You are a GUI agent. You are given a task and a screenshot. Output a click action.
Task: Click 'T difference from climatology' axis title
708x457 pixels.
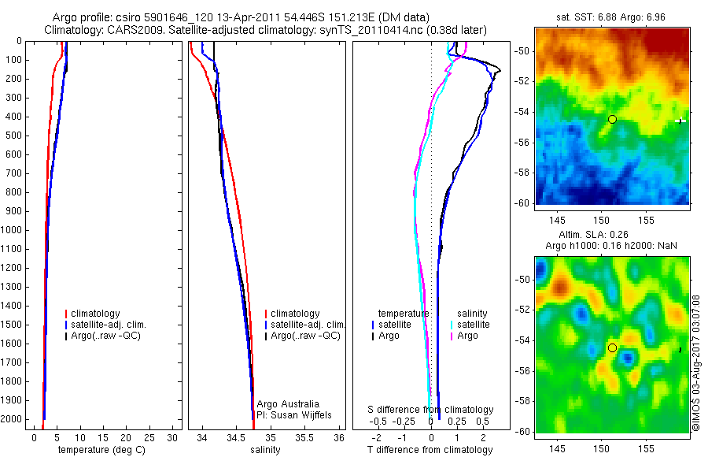[430, 450]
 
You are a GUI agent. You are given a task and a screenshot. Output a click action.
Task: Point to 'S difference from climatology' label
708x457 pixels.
[431, 410]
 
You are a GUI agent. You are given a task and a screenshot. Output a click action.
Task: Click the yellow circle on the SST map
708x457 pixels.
[612, 119]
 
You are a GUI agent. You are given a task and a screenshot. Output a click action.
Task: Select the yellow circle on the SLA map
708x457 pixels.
[612, 347]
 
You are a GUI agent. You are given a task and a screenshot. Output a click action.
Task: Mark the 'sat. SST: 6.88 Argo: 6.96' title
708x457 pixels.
[613, 17]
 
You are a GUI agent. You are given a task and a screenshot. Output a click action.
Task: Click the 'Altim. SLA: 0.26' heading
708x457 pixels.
[612, 236]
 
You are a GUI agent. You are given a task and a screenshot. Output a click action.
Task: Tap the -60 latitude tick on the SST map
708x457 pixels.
[524, 202]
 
